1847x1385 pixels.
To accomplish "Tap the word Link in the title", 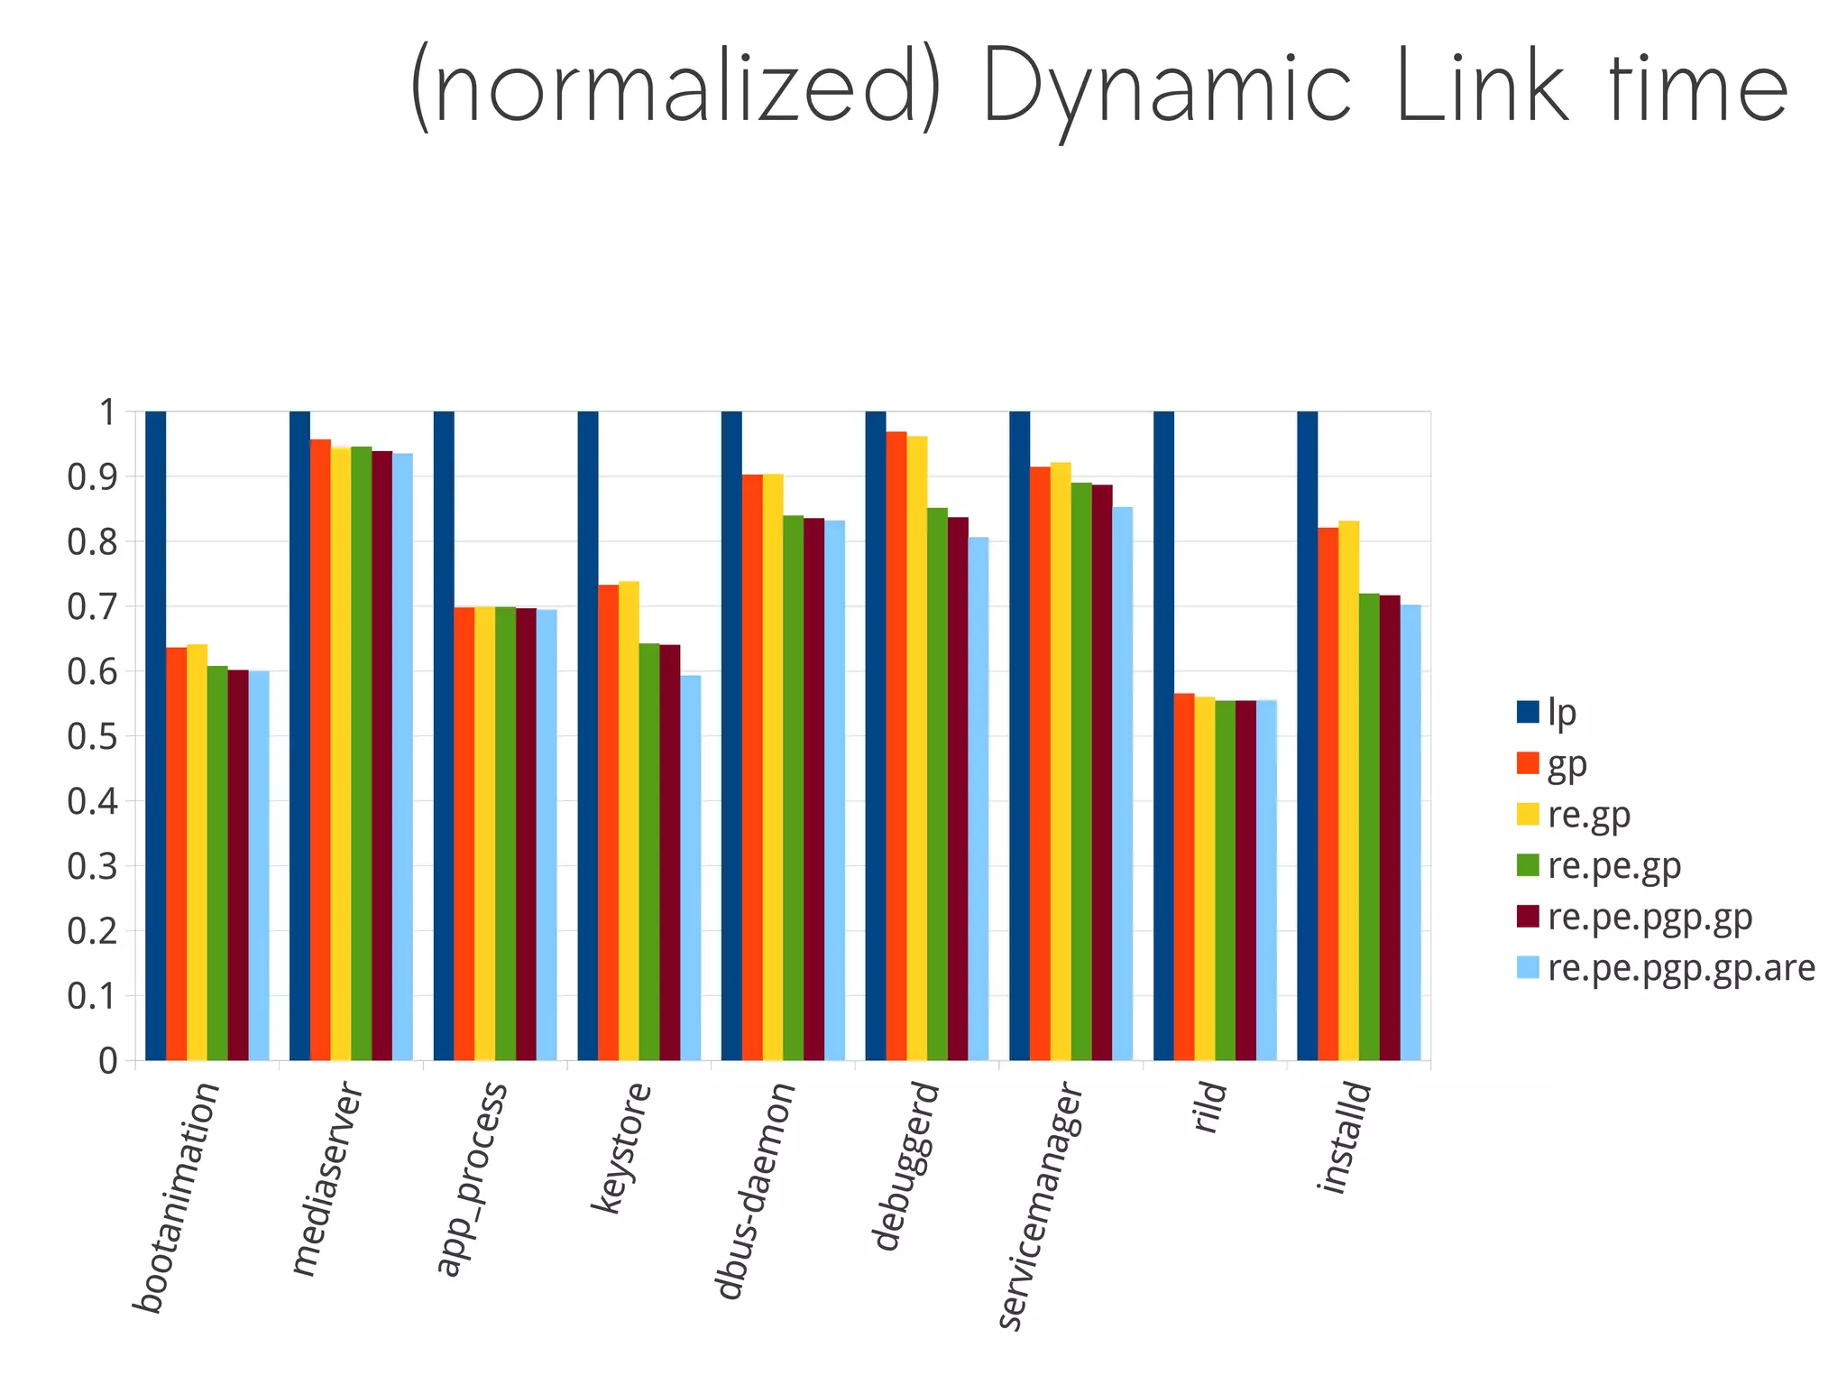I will tap(1484, 88).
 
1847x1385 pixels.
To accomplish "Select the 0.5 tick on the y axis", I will tap(93, 737).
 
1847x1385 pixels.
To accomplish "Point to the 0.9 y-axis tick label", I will tap(93, 477).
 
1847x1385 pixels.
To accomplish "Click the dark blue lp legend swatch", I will tap(1527, 712).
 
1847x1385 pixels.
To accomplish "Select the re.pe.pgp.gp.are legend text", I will tap(1681, 968).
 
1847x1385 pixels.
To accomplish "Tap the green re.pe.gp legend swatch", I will tap(1527, 865).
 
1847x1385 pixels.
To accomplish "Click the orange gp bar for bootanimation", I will tap(176, 853).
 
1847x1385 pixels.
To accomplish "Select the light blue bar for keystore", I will tap(691, 866).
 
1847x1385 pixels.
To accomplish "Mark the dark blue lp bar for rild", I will tap(1163, 735).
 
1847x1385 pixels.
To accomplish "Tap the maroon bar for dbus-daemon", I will tap(813, 789).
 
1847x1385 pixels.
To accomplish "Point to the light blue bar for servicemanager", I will tap(1123, 783).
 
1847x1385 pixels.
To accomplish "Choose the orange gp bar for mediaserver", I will tap(320, 749).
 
